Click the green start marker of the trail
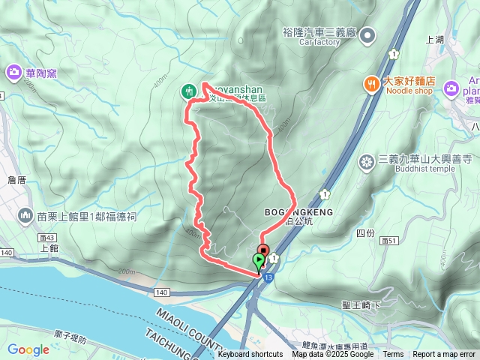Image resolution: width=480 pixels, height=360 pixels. point(259,262)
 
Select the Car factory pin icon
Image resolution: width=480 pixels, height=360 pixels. point(367,34)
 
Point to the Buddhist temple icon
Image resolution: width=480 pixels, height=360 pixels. point(367,160)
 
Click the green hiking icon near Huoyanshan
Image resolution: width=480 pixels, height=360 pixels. point(188,91)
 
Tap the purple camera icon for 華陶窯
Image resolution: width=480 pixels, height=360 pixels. point(13,73)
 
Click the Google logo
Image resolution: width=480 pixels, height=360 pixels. point(28,349)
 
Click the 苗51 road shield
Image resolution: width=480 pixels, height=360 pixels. point(388,240)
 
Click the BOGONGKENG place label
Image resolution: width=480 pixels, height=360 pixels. point(298,213)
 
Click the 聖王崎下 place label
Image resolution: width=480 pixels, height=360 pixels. point(361,305)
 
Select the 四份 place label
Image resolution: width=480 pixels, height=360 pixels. point(365,213)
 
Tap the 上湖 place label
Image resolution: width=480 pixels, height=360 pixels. point(435,40)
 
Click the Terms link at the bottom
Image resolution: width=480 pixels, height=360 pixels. point(393,354)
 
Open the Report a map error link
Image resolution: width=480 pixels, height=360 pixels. point(444,354)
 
